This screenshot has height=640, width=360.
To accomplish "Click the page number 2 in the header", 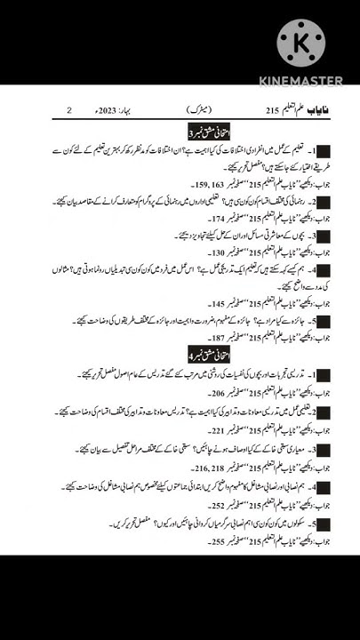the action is [69, 110].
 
